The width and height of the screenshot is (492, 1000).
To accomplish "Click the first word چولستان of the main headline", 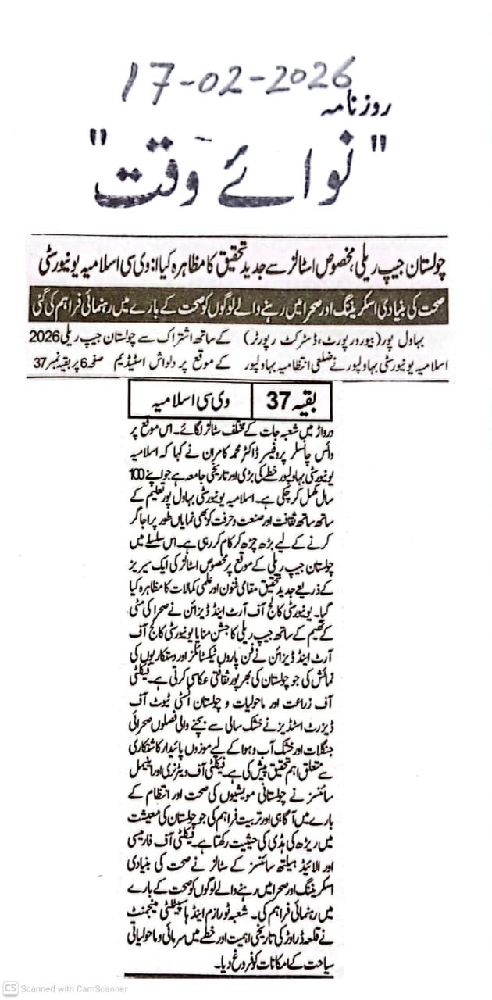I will point(425,265).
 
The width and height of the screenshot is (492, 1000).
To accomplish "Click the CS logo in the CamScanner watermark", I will point(10,988).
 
